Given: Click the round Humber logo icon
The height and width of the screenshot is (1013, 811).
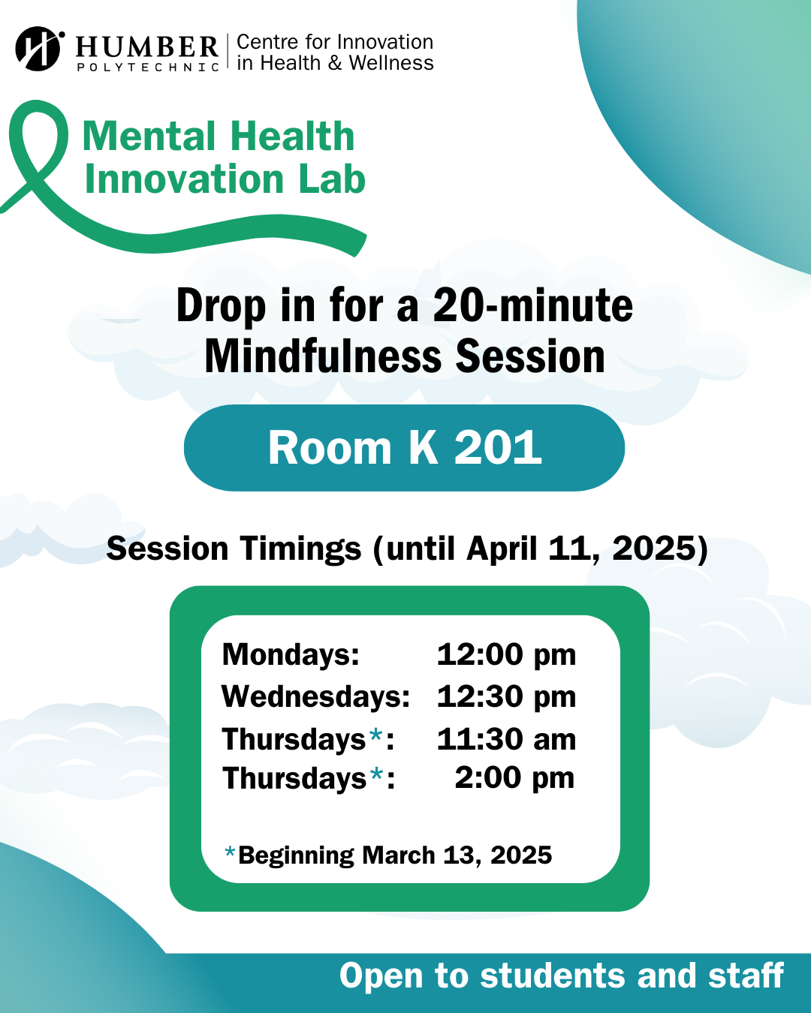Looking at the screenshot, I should coord(38,49).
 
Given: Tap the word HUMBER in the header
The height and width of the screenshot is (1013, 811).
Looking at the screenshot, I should coord(147,47).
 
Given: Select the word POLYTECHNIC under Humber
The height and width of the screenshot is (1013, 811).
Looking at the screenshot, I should coord(148,67).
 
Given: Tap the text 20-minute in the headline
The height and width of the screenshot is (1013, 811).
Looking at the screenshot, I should coord(532,306).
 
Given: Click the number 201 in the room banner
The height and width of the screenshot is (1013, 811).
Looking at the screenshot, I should coord(498,448).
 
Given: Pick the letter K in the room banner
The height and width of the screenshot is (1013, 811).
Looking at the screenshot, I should coord(423,448).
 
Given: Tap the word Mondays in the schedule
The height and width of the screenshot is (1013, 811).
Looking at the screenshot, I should coord(291,654).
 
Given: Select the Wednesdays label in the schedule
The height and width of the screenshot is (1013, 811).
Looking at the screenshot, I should coord(315,696).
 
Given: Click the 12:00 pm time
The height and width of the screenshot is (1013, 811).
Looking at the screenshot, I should coord(506,654).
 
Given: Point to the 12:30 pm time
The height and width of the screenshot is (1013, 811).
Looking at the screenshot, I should coord(506,696).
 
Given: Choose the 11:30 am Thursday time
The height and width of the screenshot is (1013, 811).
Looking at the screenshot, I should coord(506,739).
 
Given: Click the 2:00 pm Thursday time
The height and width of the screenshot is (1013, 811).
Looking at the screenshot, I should coord(514,778).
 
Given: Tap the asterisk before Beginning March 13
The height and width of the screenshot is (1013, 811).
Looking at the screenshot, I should coord(231,852).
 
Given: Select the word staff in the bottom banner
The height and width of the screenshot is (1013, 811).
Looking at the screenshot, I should coord(746,975).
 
